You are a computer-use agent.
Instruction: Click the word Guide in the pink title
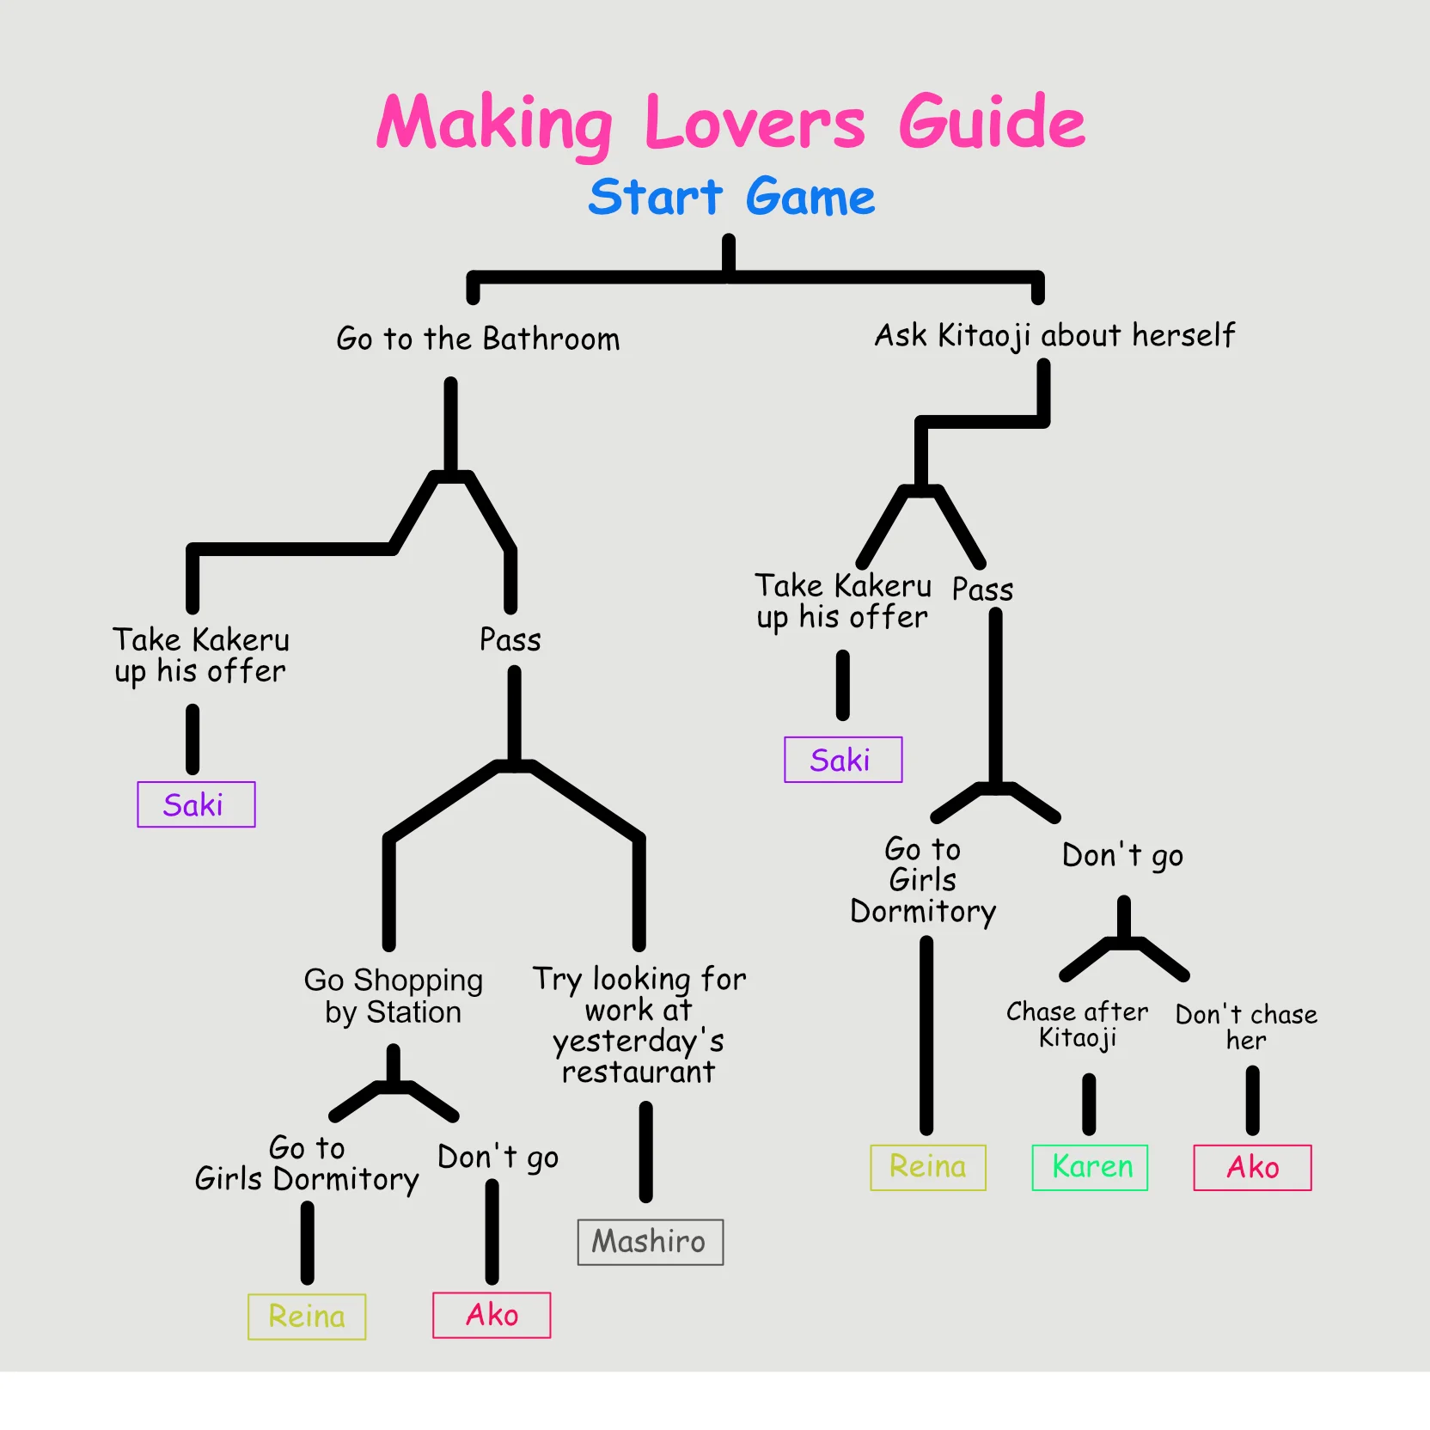click(992, 123)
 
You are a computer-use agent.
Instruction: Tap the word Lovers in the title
click(755, 123)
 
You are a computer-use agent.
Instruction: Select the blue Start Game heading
click(731, 197)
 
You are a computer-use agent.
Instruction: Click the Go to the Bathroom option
click(478, 339)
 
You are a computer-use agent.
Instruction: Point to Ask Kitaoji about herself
click(1054, 335)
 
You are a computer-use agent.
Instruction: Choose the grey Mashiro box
click(650, 1242)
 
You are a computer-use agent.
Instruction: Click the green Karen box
click(1090, 1167)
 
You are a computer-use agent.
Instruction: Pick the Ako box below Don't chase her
click(1252, 1167)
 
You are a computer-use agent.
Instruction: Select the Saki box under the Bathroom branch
click(196, 804)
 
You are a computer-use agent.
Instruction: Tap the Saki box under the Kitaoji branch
click(843, 760)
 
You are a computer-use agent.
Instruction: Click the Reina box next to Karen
click(928, 1167)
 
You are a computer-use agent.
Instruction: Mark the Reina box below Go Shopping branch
click(307, 1317)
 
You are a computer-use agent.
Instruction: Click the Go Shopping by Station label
click(393, 996)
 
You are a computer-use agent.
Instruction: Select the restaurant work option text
click(639, 1025)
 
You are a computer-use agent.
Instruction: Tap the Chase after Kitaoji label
click(1077, 1024)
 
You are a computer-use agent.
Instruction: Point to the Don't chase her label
click(1246, 1027)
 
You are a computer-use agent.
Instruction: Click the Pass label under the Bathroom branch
click(510, 640)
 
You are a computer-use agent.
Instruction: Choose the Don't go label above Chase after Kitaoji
click(1122, 856)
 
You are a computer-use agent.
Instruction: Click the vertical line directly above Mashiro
click(645, 1152)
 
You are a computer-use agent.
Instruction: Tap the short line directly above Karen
click(1089, 1104)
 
